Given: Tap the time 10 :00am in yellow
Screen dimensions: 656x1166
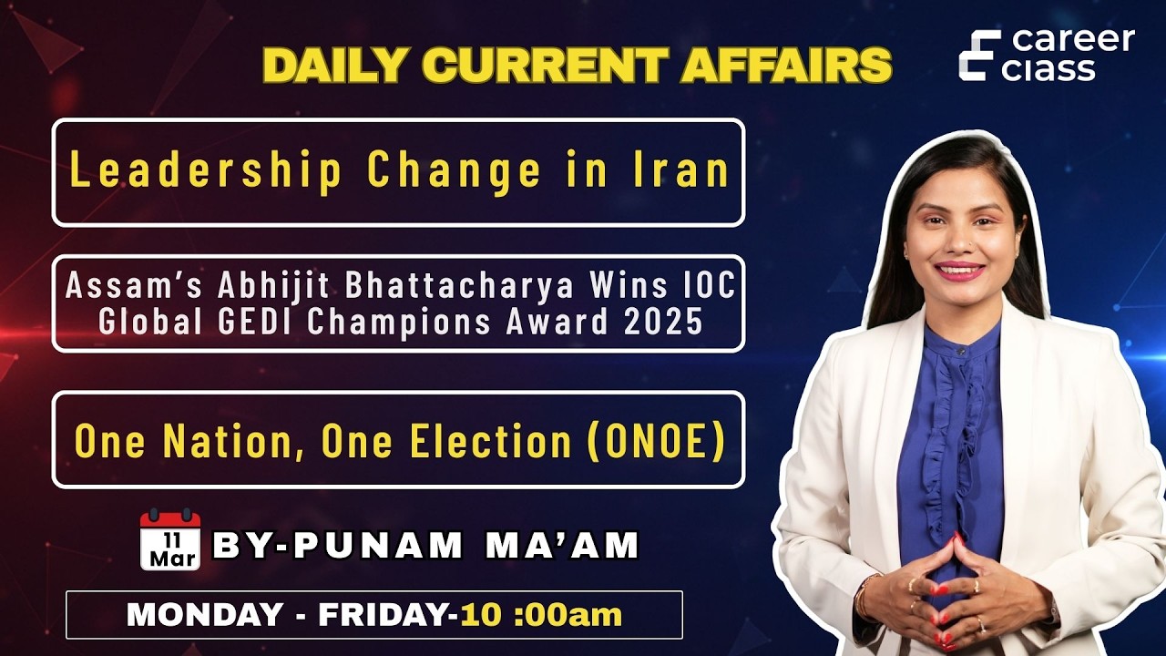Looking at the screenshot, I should pyautogui.click(x=541, y=614).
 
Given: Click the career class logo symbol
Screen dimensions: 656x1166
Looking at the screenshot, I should pyautogui.click(x=979, y=55).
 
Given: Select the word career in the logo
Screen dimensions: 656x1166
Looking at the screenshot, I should pyautogui.click(x=1074, y=41).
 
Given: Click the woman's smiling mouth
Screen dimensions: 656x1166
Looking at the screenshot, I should pyautogui.click(x=959, y=271).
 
